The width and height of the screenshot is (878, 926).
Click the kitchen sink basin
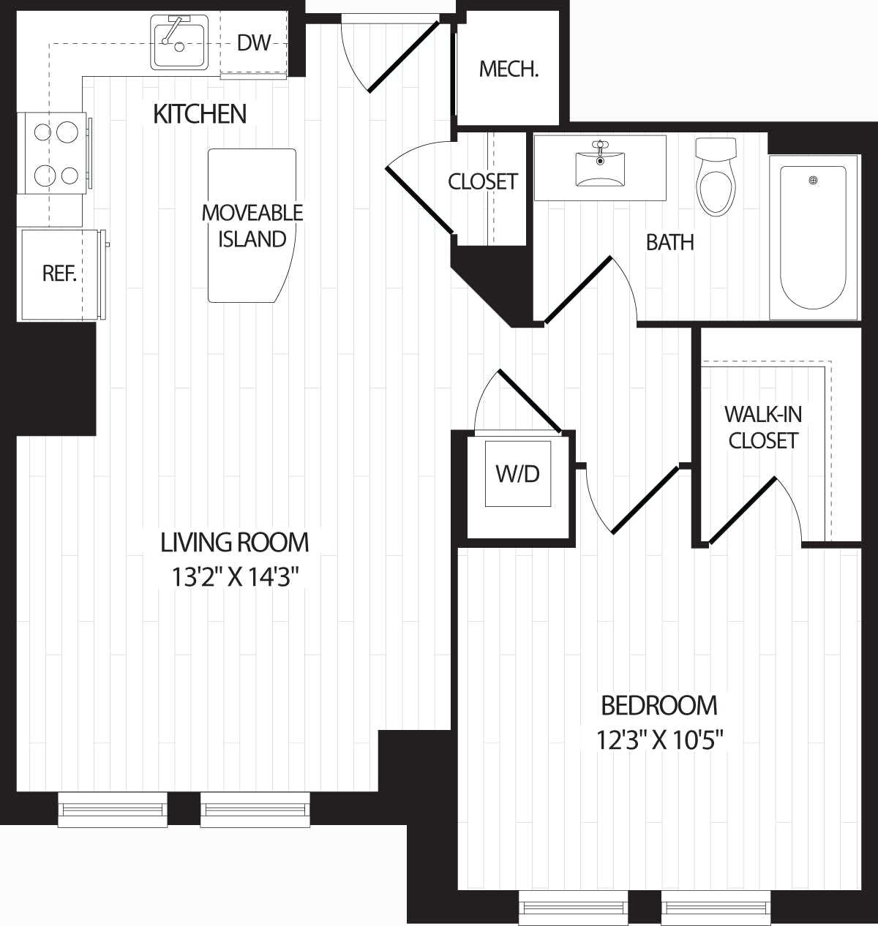(179, 44)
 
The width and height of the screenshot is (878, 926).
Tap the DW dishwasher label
(254, 42)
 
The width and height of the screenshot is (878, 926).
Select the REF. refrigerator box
(60, 274)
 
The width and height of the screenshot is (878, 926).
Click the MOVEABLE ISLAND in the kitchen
(252, 225)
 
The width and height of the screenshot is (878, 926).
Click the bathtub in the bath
(813, 238)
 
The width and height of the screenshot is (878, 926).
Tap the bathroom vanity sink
(600, 167)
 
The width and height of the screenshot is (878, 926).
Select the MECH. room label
(509, 69)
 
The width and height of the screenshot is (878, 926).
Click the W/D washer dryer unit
(518, 473)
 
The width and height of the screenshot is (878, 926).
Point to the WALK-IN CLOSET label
(762, 427)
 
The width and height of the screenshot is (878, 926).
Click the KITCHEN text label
(200, 114)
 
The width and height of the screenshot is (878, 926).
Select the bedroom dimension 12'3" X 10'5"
(660, 741)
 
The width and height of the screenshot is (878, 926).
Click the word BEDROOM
(658, 706)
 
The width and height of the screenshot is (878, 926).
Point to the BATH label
(669, 242)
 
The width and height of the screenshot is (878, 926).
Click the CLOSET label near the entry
(483, 181)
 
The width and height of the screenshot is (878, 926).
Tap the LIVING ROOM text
(235, 542)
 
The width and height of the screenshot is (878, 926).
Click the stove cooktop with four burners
(56, 154)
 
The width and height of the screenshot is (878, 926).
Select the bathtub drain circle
(812, 181)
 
